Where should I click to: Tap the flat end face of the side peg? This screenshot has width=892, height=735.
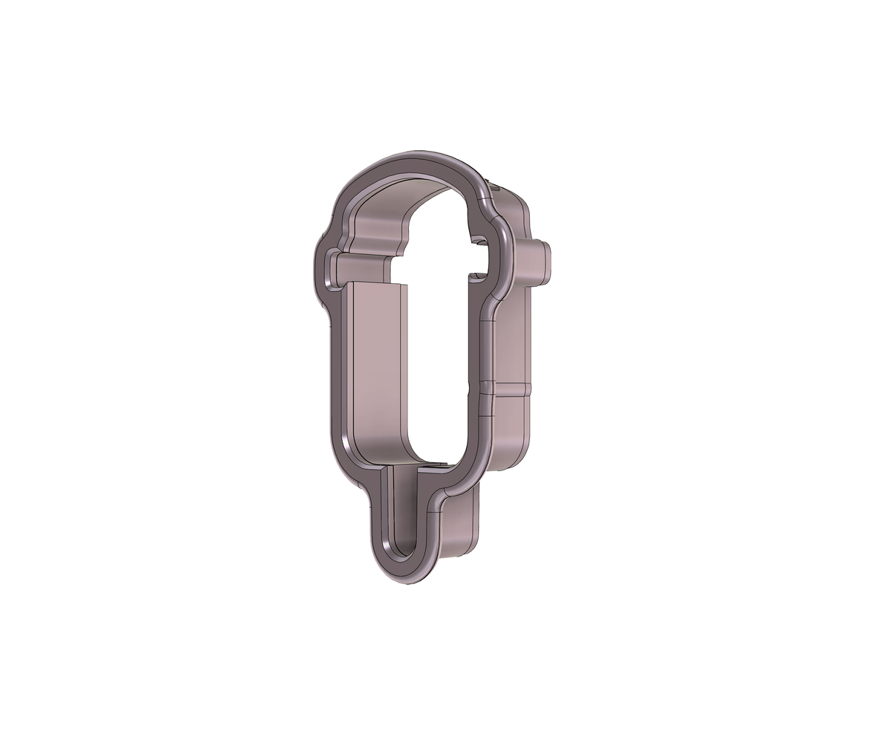click(x=548, y=262)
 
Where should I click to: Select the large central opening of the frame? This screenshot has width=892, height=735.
click(x=439, y=349)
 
